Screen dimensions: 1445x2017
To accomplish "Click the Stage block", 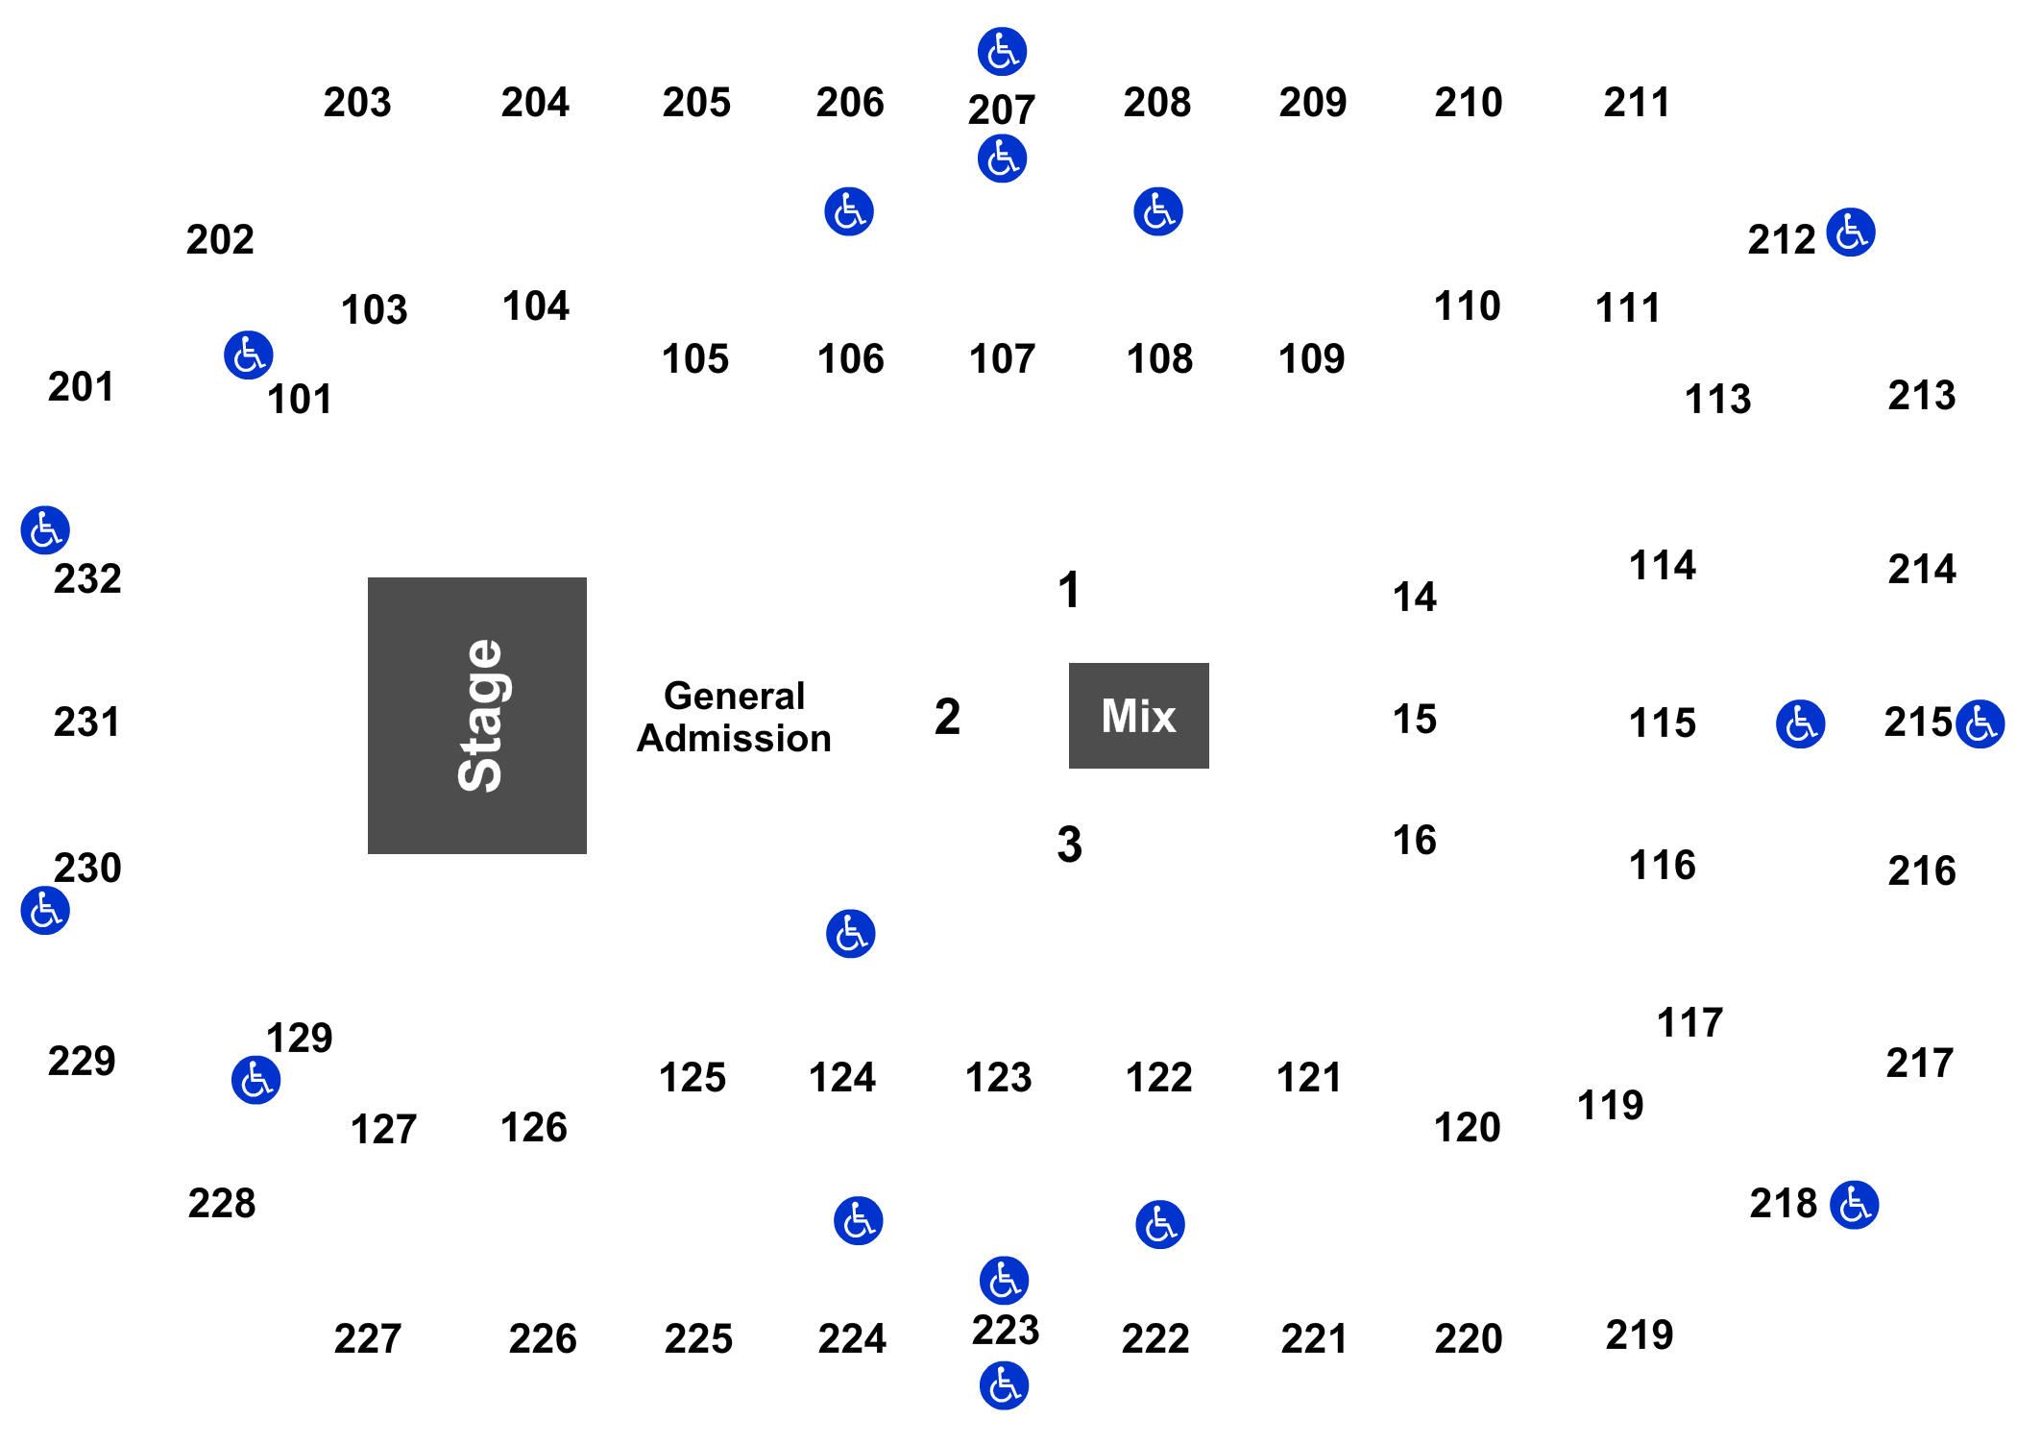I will tap(477, 715).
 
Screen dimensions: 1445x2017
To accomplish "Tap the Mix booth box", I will tap(1138, 715).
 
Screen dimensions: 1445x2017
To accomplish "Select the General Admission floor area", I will tap(734, 716).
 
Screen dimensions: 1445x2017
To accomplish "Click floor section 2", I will tap(947, 716).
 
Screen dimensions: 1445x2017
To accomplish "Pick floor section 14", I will tap(1414, 597).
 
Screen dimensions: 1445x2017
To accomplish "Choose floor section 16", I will tap(1414, 841).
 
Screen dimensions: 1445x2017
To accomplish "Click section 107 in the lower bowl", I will tap(1003, 358).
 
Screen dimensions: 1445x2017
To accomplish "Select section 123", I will tap(999, 1077).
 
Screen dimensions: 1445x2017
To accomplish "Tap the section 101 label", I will tap(300, 399).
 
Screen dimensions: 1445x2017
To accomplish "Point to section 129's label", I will tap(300, 1038).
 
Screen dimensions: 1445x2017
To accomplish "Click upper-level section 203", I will tap(357, 102).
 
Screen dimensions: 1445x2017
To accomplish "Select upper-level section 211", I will tap(1637, 102).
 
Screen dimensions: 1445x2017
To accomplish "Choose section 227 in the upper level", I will tap(368, 1337).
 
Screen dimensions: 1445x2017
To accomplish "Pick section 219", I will tap(1640, 1335).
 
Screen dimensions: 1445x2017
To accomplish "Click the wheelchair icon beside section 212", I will tap(1851, 233).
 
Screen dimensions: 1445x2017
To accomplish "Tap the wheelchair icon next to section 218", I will tap(1854, 1205).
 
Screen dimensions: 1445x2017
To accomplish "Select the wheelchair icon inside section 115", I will tap(1800, 723).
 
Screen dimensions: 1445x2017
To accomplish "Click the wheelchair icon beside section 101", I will tap(249, 355).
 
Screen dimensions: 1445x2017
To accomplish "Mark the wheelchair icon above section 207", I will tap(1002, 52).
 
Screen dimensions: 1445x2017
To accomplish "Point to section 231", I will tap(86, 721).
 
